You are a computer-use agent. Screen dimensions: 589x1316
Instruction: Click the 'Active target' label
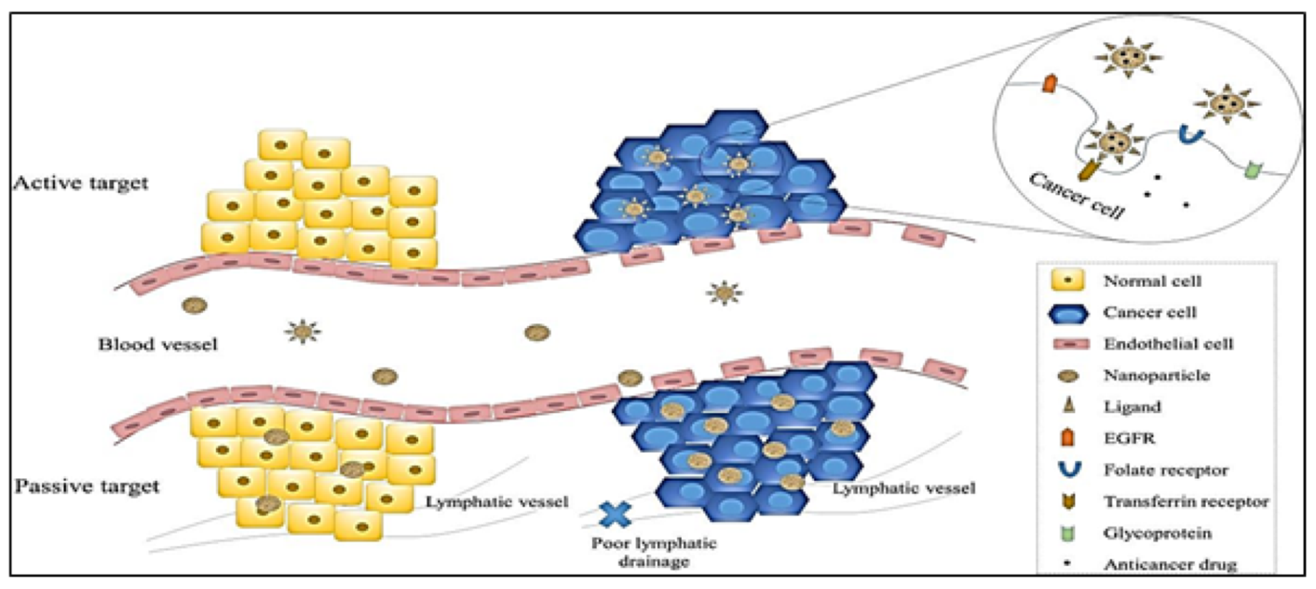pos(81,183)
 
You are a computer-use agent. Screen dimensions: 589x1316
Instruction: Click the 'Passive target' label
pos(86,487)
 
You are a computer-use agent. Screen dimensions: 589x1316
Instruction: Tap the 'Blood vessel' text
pos(157,345)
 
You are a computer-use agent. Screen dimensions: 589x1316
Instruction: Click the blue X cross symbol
pos(614,513)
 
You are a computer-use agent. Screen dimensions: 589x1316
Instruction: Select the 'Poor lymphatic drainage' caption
pos(653,552)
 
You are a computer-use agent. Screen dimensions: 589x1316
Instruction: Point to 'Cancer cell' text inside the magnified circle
pos(1077,195)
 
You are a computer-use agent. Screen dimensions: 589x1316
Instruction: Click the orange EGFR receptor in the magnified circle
pos(1049,84)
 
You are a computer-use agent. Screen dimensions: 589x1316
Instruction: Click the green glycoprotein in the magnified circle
pos(1251,171)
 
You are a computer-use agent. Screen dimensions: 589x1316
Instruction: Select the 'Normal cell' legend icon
pos(1068,280)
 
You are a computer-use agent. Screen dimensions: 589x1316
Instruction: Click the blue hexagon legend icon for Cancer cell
pos(1068,312)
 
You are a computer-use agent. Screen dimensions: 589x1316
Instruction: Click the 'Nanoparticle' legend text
pos(1156,375)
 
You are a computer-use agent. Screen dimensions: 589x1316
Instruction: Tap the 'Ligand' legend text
pos(1132,407)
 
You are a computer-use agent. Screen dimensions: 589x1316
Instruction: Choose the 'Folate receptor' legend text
pos(1166,470)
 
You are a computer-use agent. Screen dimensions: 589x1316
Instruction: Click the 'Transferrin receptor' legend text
pos(1186,502)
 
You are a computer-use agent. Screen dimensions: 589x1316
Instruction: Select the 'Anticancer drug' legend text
pos(1170,565)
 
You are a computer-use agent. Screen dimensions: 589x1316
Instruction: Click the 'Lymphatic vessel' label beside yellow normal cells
pos(497,502)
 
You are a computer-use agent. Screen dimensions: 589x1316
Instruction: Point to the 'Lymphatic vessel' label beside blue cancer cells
pos(904,489)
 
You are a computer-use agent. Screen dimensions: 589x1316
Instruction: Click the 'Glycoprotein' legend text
pos(1157,533)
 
